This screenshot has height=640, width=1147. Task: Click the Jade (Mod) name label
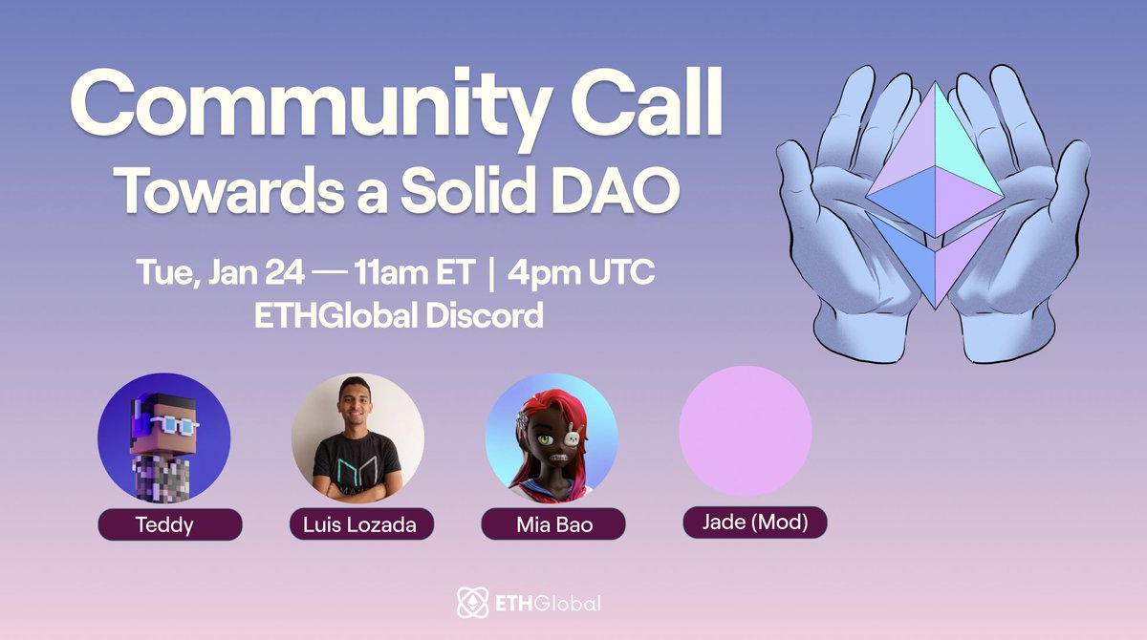point(754,523)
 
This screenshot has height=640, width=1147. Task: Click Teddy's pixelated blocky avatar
point(163,438)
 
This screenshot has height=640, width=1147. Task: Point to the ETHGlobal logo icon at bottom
point(471,603)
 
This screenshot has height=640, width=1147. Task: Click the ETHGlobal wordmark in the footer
point(547,604)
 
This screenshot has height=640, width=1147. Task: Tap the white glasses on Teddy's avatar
point(169,420)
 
